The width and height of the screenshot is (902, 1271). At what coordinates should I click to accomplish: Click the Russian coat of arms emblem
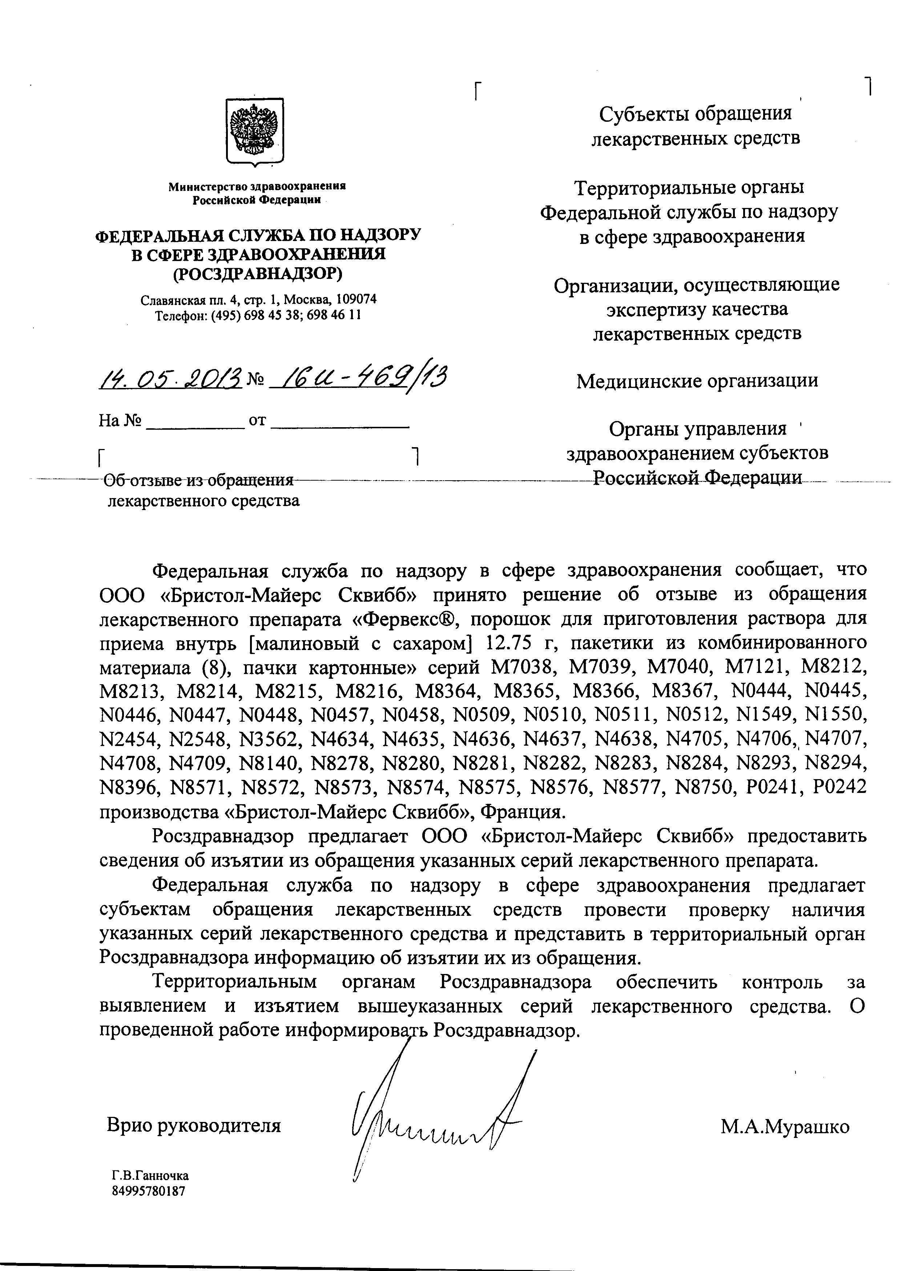click(x=255, y=131)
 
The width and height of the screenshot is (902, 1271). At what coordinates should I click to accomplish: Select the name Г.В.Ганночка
click(x=150, y=1175)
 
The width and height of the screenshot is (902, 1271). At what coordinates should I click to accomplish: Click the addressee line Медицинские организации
click(x=697, y=381)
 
